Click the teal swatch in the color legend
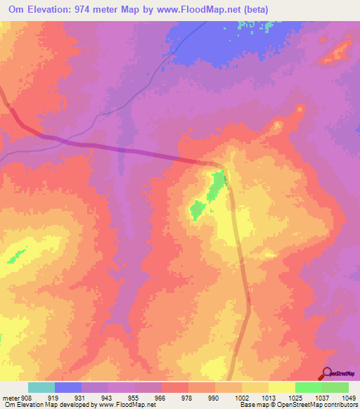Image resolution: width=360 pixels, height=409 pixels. click(x=41, y=387)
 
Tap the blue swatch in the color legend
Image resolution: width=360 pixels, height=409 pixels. click(x=67, y=387)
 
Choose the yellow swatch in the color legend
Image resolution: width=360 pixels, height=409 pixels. click(x=281, y=387)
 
